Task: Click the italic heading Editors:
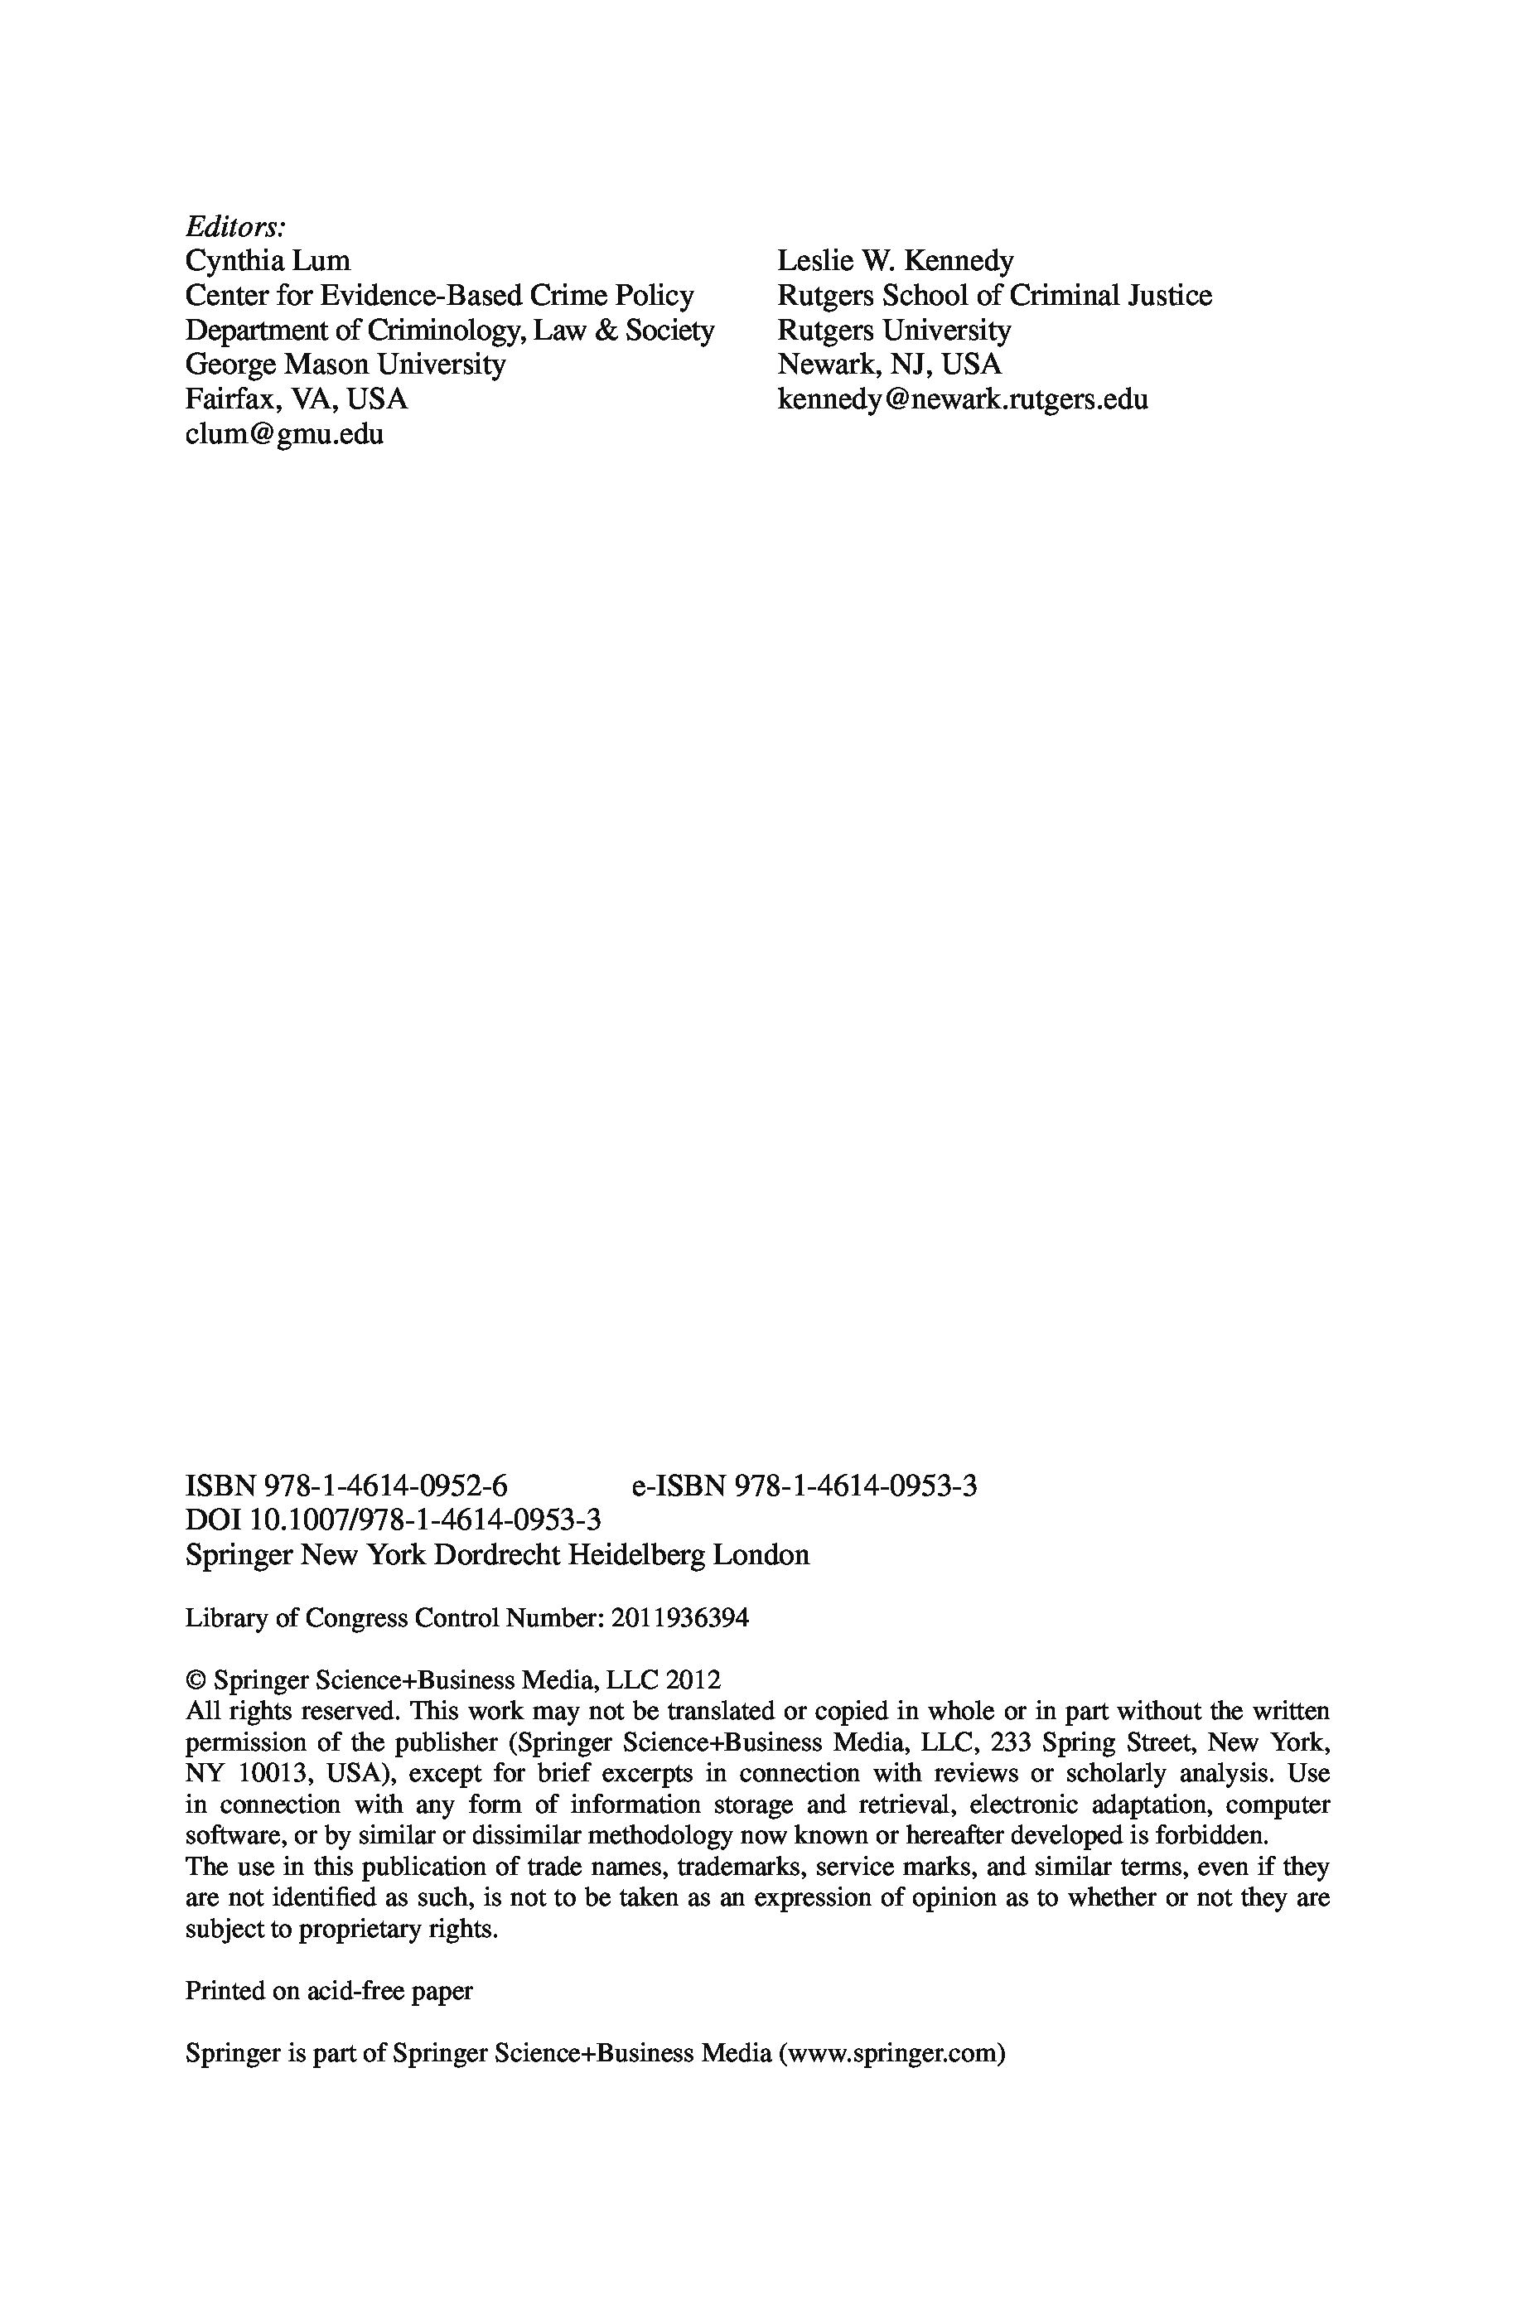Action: click(x=235, y=227)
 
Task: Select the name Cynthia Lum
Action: click(x=267, y=261)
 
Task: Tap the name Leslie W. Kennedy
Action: click(x=895, y=261)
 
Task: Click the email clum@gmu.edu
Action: click(x=283, y=434)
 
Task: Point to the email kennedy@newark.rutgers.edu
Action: click(x=962, y=399)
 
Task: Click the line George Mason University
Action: click(x=345, y=365)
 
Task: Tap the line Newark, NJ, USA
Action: click(x=889, y=365)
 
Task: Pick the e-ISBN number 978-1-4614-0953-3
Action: click(x=856, y=1486)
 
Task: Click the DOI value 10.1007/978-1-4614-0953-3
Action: click(x=425, y=1520)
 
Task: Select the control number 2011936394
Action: click(x=680, y=1618)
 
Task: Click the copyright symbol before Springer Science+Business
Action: click(x=195, y=1680)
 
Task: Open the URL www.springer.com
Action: click(x=891, y=2052)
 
